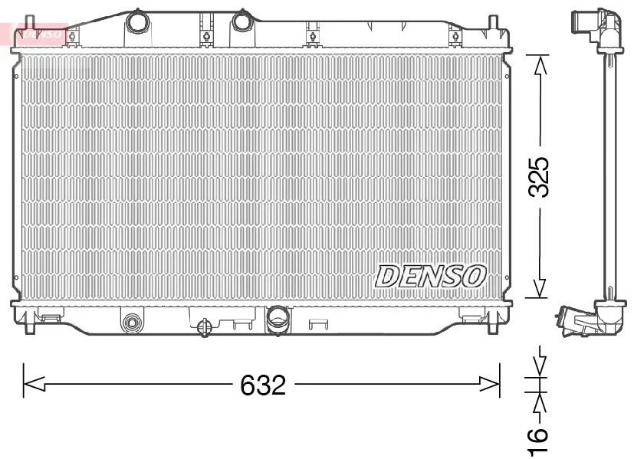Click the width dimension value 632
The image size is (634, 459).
click(x=263, y=385)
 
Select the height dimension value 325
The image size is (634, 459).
click(x=540, y=178)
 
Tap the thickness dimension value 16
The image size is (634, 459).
click(x=540, y=437)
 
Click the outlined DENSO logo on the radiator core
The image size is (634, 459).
click(x=429, y=276)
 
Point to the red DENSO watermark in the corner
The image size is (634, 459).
click(x=38, y=34)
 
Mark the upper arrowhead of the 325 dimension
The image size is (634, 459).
click(x=540, y=66)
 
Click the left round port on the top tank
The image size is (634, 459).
click(x=138, y=21)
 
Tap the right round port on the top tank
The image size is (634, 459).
click(x=243, y=21)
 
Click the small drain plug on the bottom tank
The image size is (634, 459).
click(x=205, y=326)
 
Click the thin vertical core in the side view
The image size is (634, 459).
click(x=610, y=176)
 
